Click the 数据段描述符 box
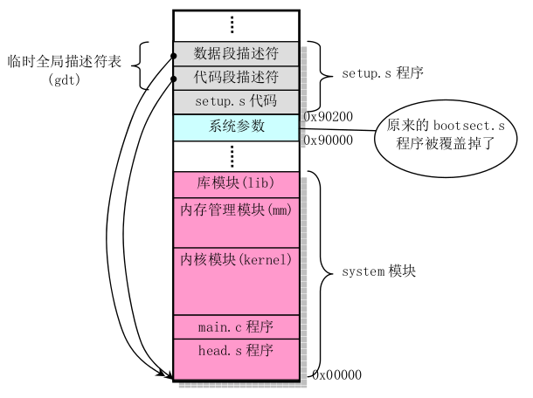pos(237,53)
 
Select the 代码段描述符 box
pos(237,78)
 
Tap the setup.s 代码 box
pos(237,101)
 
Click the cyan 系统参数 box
pos(237,127)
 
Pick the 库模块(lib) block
pos(237,184)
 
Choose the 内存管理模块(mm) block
pos(237,220)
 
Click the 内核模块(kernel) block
pos(237,279)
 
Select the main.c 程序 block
pos(237,327)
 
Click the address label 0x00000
pos(336,374)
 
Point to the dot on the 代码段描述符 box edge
pos(174,79)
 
